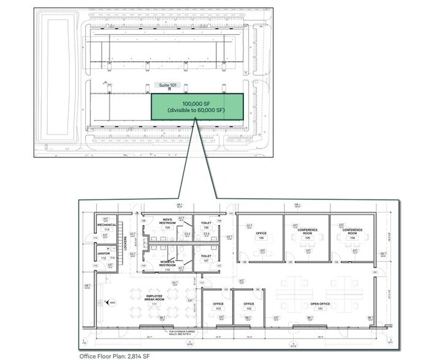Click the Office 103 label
pos(217,306)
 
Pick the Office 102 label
pos(248,306)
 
